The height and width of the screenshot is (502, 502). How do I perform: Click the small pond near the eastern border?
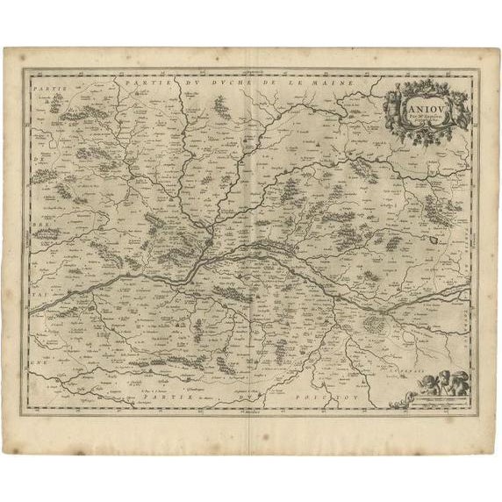tap(433, 235)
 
